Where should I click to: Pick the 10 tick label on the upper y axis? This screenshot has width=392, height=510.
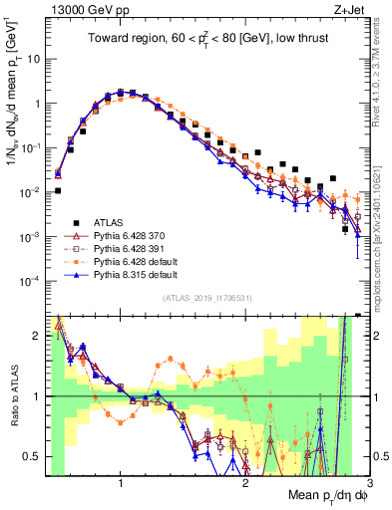click(33, 59)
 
